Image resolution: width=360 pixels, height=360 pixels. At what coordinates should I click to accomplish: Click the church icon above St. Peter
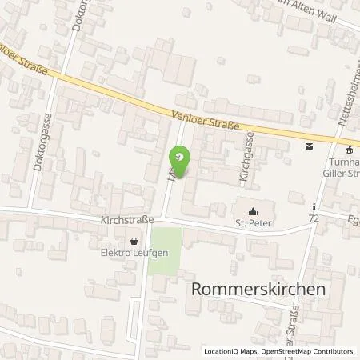tap(254, 212)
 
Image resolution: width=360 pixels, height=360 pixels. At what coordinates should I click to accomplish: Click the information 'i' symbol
tap(315, 205)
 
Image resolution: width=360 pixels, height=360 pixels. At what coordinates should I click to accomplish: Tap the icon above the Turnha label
tap(348, 149)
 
